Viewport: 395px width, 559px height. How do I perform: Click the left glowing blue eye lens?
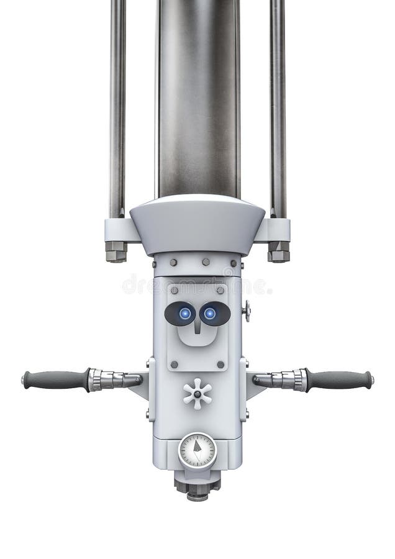pyautogui.click(x=184, y=314)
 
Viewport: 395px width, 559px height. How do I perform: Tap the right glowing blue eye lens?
pyautogui.click(x=211, y=314)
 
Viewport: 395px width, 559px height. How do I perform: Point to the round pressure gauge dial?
pyautogui.click(x=197, y=450)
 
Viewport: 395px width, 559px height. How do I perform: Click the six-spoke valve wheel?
pyautogui.click(x=197, y=394)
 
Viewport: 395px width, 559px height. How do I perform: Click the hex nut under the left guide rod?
pyautogui.click(x=116, y=252)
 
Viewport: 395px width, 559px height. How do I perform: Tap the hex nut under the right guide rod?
pyautogui.click(x=279, y=252)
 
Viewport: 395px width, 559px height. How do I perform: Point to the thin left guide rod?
pyautogui.click(x=117, y=106)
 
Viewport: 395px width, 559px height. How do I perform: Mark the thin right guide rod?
pyautogui.click(x=278, y=106)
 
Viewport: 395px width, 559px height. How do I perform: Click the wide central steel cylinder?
pyautogui.click(x=197, y=93)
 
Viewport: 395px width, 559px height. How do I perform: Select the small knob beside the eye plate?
pyautogui.click(x=247, y=311)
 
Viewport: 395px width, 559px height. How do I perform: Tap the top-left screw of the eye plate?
pyautogui.click(x=175, y=290)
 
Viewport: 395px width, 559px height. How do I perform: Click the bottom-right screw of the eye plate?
pyautogui.click(x=220, y=365)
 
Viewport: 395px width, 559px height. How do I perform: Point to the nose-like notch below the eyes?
pyautogui.click(x=197, y=328)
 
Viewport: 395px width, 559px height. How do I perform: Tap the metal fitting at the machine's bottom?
pyautogui.click(x=197, y=488)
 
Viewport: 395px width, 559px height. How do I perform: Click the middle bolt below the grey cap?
pyautogui.click(x=206, y=262)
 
